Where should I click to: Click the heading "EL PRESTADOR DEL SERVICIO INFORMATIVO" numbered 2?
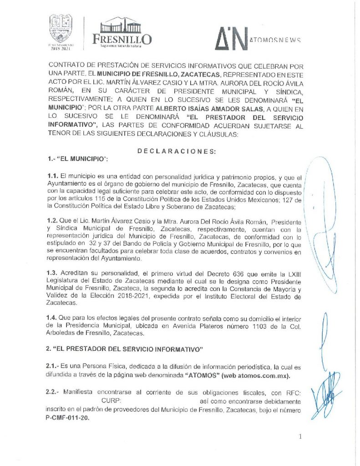pos(123,349)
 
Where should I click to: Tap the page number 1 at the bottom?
pos(300,437)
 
